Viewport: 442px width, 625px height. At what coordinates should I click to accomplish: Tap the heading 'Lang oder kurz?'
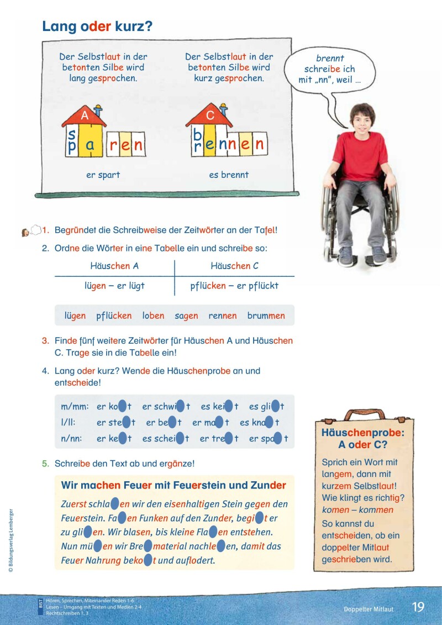pos(97,26)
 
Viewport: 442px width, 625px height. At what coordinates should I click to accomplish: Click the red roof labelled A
pos(85,117)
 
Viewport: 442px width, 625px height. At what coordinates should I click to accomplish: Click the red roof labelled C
pos(209,117)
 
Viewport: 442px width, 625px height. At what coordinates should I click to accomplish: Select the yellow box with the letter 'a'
pos(90,145)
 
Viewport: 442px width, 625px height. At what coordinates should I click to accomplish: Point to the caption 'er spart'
pos(103,175)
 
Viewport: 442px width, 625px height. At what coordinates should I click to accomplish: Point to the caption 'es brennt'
pos(229,175)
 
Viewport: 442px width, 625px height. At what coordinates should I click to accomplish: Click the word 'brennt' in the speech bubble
pos(330,58)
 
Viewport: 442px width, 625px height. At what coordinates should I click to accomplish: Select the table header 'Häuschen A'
pos(114,266)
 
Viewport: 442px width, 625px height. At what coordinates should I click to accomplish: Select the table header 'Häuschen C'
pos(234,266)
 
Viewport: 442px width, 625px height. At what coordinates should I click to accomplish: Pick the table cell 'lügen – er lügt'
pos(114,286)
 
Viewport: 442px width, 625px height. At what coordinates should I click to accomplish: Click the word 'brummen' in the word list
pos(266,316)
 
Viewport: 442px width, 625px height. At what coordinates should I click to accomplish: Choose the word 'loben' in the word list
pos(153,316)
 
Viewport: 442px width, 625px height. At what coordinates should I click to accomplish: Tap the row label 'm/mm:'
pos(75,407)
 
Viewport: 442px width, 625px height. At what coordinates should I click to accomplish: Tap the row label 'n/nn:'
pos(74,439)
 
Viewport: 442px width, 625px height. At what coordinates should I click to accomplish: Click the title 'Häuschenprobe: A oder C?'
pos(362,439)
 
